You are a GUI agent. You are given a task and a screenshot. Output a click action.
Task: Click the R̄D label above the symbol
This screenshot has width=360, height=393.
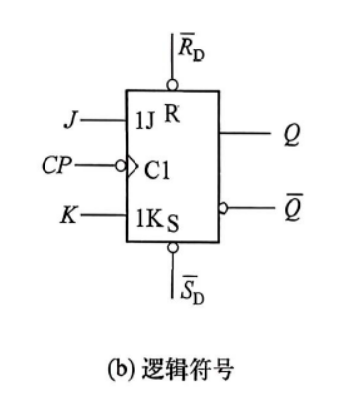pos(191,48)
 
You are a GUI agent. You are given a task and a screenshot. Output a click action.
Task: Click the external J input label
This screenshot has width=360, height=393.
pos(71,120)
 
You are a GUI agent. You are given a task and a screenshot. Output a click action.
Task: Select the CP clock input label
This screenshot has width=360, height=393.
pos(56,165)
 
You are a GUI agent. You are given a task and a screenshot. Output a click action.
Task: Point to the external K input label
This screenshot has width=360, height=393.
pos(69,215)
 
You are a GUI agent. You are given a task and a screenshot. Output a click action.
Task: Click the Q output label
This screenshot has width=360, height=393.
pos(292,135)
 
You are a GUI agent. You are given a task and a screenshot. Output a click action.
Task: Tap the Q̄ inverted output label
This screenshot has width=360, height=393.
pos(292,208)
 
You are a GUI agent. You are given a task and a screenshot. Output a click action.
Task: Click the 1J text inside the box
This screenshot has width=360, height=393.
pos(145,121)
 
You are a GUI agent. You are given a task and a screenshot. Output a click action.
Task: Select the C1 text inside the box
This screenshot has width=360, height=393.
pos(157,170)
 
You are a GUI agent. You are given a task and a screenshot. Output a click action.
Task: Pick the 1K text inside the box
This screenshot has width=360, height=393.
pos(148,219)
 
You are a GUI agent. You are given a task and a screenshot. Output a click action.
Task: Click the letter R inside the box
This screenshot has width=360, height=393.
pos(172,113)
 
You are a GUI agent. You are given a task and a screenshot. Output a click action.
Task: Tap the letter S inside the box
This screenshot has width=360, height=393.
pos(173,224)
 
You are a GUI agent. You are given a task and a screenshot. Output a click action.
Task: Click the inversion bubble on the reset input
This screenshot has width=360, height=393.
pos(172,85)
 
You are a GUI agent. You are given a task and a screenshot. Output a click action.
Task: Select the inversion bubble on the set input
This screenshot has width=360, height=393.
pos(172,247)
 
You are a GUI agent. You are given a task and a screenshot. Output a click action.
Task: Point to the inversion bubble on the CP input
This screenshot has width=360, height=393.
pos(121,166)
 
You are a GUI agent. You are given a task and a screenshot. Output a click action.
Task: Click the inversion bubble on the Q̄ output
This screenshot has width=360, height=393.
pos(224,208)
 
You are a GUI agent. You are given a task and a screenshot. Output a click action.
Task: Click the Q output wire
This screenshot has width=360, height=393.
pos(244,133)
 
